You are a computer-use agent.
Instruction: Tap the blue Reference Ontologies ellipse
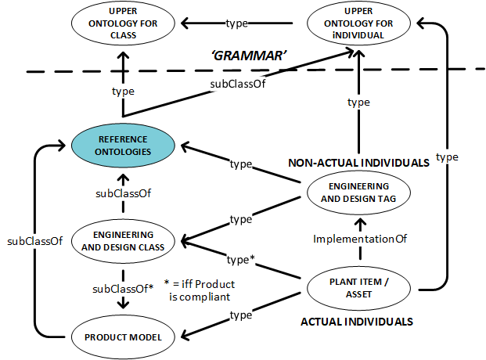(x=124, y=146)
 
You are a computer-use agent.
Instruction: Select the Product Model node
(x=122, y=337)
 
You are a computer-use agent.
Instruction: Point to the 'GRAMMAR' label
(x=250, y=57)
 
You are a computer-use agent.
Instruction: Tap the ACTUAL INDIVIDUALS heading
(x=357, y=321)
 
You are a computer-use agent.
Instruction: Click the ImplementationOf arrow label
(x=357, y=238)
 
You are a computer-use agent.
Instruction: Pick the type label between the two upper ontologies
(x=236, y=23)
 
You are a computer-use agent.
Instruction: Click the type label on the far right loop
(x=447, y=157)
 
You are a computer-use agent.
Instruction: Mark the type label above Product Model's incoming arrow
(x=240, y=315)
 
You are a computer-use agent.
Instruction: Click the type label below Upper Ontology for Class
(x=123, y=91)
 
